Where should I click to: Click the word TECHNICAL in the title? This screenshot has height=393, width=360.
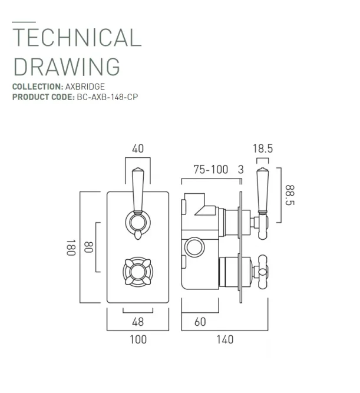[x=77, y=38]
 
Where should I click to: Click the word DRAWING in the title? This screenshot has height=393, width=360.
[x=66, y=66]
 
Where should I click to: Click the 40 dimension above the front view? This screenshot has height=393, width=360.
[x=137, y=149]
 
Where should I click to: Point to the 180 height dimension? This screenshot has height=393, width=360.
[x=71, y=247]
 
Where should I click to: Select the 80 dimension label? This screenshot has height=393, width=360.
[x=89, y=247]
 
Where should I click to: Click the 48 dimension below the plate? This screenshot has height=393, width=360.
[x=137, y=321]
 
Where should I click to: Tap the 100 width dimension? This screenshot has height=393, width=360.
[x=137, y=339]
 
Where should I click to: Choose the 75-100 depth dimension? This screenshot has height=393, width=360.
[x=211, y=170]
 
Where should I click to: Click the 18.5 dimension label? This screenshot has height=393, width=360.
[x=262, y=149]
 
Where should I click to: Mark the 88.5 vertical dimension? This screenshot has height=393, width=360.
[x=290, y=195]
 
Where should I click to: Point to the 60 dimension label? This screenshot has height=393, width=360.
[x=200, y=321]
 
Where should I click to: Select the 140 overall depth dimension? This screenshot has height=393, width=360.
[x=224, y=339]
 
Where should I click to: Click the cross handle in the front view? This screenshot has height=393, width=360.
[x=137, y=271]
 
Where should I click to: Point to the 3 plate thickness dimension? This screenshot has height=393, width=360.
[x=240, y=170]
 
